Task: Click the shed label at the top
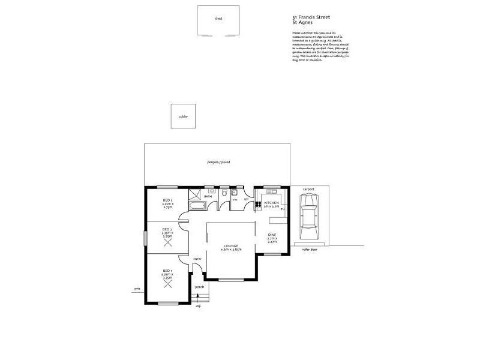(x=218, y=19)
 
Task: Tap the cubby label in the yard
(x=183, y=116)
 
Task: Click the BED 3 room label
(x=167, y=200)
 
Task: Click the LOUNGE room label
(x=232, y=245)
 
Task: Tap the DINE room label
(x=272, y=236)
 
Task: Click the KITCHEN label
(x=272, y=203)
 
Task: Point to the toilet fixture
(x=223, y=194)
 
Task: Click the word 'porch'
(x=200, y=287)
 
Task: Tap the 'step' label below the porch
(x=199, y=306)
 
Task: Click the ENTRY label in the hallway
(x=197, y=259)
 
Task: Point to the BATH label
(x=208, y=196)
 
